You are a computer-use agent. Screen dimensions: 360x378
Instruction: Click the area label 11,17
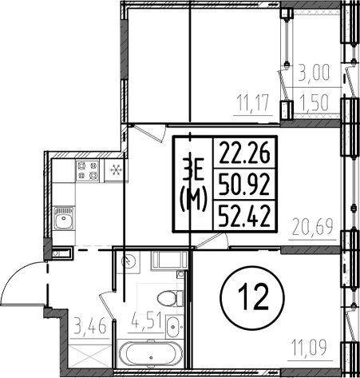point(253,103)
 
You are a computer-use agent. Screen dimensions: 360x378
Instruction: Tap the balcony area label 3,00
point(314,72)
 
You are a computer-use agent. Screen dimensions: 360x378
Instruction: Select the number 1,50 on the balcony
point(314,103)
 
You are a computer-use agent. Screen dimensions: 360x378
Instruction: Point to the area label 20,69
point(312,227)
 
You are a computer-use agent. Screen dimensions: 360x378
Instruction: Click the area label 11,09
point(311,348)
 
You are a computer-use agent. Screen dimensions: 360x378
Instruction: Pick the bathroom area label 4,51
point(146,320)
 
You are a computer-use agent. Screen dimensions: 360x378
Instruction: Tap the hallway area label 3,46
point(90,326)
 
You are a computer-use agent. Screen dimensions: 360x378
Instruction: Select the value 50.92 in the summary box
point(244,185)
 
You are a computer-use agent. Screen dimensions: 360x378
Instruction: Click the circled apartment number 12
point(252,297)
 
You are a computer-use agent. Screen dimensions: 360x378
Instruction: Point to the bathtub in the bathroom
point(151,354)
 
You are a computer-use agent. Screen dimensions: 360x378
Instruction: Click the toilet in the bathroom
point(170,298)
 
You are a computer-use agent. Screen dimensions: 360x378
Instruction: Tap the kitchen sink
point(64,218)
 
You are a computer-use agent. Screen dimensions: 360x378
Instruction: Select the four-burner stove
point(87,171)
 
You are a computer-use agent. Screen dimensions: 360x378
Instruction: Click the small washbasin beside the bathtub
point(174,326)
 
